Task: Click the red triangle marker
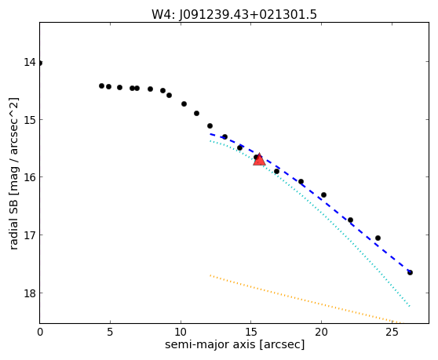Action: [x=259, y=160]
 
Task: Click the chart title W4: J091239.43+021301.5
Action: [x=234, y=14]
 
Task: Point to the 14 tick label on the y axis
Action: [x=30, y=62]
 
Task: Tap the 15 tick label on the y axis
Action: [x=30, y=120]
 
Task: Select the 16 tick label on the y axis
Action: [x=30, y=177]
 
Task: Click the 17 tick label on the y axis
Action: [x=30, y=235]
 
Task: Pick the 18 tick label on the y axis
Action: [x=30, y=293]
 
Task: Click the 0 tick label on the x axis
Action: [x=40, y=332]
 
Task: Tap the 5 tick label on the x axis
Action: [x=110, y=332]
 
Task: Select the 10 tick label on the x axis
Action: [x=181, y=332]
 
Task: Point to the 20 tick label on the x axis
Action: [x=321, y=332]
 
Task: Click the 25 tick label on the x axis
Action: [x=392, y=332]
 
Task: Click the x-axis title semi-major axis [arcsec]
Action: [x=235, y=344]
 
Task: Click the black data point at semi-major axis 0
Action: [x=40, y=63]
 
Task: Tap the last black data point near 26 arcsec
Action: [x=410, y=272]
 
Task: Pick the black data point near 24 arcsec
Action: [x=378, y=238]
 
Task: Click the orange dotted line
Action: [x=306, y=300]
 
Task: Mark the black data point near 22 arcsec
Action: [x=350, y=220]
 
